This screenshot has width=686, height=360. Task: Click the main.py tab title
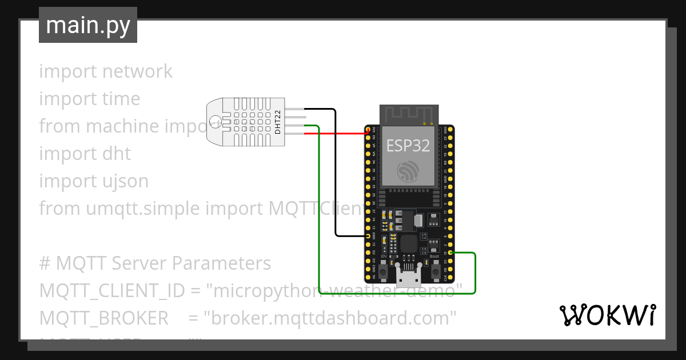pos(88,26)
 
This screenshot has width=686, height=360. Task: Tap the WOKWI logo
pos(607,315)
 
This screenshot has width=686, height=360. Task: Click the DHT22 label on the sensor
pos(278,122)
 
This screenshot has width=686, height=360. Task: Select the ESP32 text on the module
pos(408,146)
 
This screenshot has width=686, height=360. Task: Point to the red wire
pos(337,133)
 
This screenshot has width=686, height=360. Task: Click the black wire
pos(336,171)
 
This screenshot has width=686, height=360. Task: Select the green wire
pos(318,217)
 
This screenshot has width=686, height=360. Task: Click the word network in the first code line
pos(137,71)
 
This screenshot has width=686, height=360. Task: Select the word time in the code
pos(121,99)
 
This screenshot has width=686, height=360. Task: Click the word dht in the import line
pos(116,154)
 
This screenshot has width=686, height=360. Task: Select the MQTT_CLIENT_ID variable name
pos(112,291)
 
